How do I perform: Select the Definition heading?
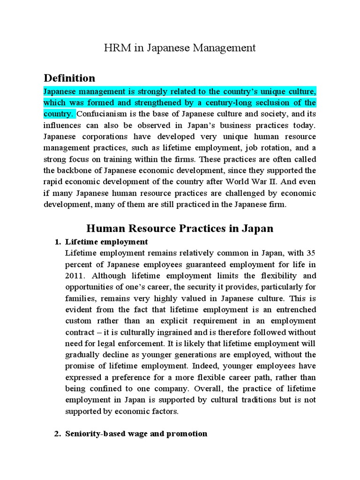pos(69,78)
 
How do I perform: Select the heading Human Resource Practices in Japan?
pos(180,229)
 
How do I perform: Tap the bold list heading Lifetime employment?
pos(106,242)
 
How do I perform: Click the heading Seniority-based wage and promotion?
pos(136,434)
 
